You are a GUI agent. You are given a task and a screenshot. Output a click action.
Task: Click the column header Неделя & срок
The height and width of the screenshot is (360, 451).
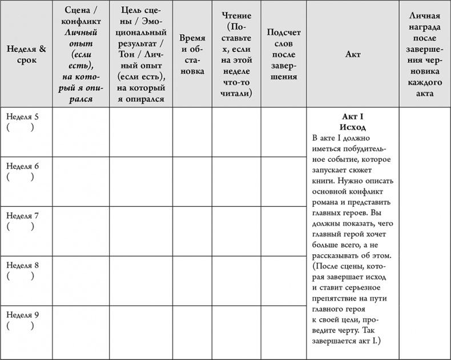[26, 54]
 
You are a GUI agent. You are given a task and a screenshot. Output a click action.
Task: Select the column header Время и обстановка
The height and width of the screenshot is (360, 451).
[192, 54]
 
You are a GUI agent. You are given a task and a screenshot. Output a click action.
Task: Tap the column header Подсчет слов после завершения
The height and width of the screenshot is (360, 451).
[284, 54]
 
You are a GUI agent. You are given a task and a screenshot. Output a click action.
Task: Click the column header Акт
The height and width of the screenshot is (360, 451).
[353, 54]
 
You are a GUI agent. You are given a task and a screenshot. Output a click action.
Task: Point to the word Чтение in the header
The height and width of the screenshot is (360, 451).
[236, 17]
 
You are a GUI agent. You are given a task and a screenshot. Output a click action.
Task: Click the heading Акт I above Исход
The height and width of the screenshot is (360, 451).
[352, 117]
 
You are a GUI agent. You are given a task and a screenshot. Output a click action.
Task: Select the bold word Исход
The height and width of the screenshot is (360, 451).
[352, 127]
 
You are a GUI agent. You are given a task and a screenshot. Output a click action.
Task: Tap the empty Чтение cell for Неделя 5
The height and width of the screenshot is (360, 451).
[236, 131]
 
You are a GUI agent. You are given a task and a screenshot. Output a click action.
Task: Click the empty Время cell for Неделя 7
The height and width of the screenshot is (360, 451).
[192, 231]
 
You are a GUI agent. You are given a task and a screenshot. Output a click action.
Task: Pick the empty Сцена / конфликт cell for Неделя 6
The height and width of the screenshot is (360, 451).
[80, 181]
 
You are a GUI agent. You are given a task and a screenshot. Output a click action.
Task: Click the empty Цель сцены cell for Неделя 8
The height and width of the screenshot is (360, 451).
[141, 281]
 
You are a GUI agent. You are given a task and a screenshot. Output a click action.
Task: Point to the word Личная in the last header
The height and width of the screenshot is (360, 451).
[425, 17]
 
